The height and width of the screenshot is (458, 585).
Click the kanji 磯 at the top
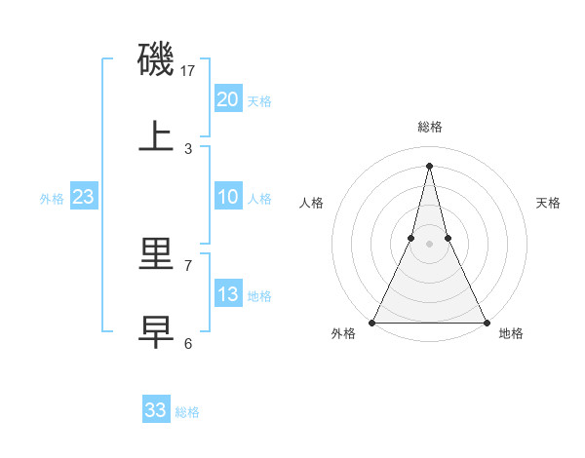click(157, 59)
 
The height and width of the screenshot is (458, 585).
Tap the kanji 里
click(157, 254)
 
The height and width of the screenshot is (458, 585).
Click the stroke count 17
click(188, 70)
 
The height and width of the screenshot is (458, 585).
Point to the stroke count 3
click(188, 148)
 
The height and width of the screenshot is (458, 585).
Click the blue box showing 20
click(227, 98)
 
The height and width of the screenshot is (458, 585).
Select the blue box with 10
click(227, 197)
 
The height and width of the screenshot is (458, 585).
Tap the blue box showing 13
click(227, 294)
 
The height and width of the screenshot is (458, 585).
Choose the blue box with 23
click(83, 197)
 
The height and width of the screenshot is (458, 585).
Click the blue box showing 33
click(155, 410)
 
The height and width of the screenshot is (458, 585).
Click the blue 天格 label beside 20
click(259, 101)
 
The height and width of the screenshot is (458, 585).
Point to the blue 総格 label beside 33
click(187, 412)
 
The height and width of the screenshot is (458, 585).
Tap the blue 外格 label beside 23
click(52, 199)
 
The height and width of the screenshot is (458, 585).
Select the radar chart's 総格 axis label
click(429, 127)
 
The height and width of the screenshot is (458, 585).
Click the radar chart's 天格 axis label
click(549, 203)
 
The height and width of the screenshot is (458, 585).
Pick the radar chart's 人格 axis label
click(311, 203)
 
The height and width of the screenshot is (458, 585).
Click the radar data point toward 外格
click(372, 322)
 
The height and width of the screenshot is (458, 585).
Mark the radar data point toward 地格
click(486, 322)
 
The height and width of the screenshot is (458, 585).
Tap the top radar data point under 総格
click(429, 165)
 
